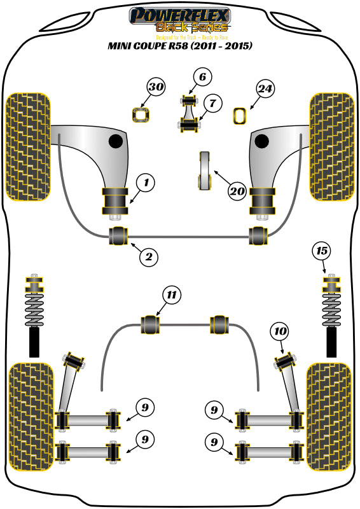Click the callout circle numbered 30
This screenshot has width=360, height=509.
tap(156, 87)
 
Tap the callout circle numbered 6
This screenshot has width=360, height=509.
tap(202, 78)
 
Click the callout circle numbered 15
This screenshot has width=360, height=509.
tap(322, 251)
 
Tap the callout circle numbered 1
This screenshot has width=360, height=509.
tap(146, 184)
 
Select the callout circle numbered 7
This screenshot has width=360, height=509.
tap(212, 101)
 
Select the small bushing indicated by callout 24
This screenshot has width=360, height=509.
tap(240, 116)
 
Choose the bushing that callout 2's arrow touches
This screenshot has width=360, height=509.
tap(119, 235)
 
